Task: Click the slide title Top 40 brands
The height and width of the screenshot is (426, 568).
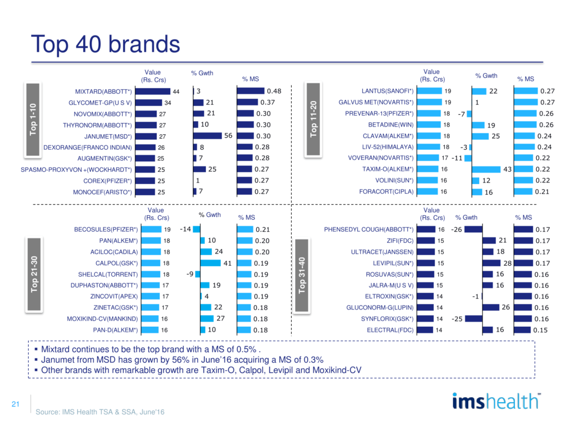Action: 105,44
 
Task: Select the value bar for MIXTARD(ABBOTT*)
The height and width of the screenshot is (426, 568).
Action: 152,91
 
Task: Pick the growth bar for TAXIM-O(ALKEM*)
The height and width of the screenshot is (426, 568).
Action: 486,169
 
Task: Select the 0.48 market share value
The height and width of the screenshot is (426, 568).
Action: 274,91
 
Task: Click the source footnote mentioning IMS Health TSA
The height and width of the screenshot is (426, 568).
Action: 100,412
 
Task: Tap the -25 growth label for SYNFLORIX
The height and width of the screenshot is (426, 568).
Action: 457,319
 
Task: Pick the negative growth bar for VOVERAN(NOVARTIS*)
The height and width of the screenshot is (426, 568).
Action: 468,158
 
